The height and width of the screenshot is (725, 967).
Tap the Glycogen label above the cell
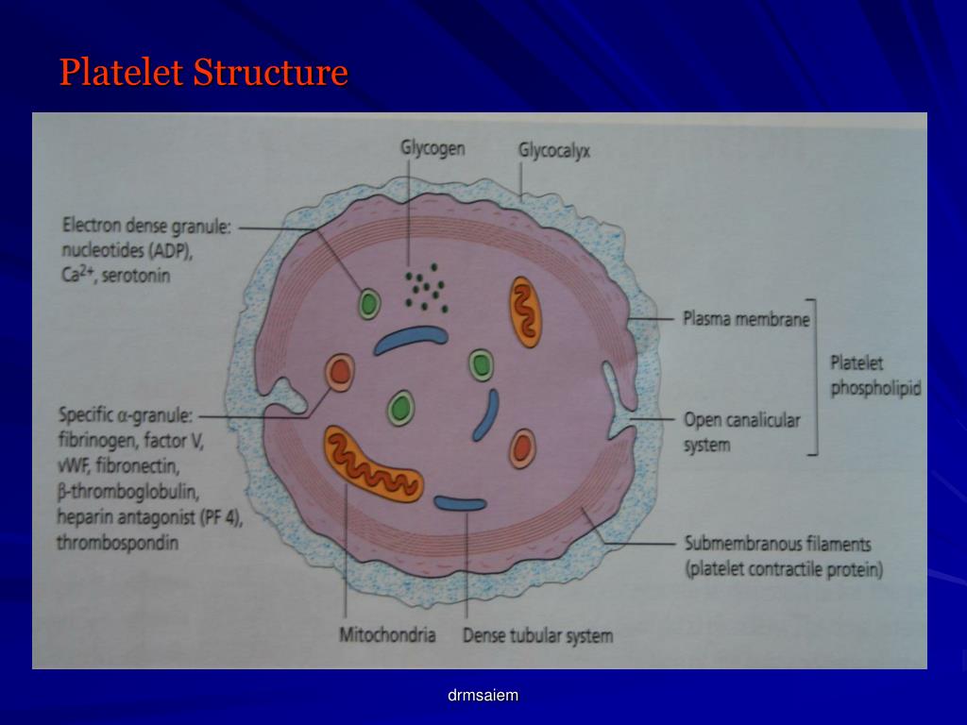pos(433,149)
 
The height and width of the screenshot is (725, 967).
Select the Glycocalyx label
pos(554,150)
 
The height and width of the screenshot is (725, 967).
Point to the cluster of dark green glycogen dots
pos(425,291)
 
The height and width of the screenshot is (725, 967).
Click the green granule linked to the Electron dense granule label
pos(368,304)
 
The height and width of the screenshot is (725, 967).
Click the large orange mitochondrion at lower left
pos(372,463)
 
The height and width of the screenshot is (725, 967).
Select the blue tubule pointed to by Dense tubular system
pos(460,504)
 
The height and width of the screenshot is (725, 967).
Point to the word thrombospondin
pos(118,543)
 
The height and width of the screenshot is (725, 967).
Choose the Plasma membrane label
pos(746,320)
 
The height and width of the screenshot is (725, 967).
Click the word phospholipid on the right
pos(875,388)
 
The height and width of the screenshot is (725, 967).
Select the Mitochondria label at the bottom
pos(387,634)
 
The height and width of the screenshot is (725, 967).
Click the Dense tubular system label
pos(537,634)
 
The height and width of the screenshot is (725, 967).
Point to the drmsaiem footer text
pos(483,696)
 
